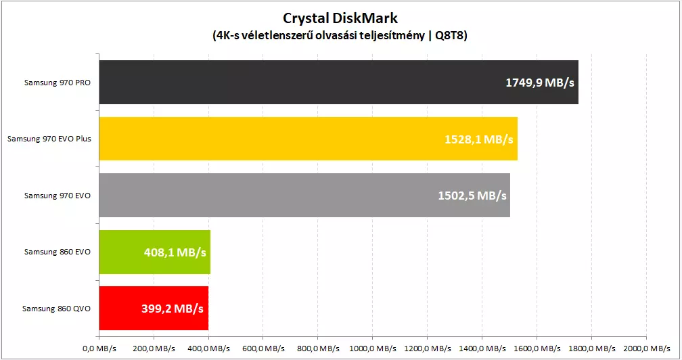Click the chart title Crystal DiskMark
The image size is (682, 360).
point(340,18)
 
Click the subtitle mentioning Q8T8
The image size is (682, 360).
point(340,35)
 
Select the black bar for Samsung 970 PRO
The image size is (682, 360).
point(339,82)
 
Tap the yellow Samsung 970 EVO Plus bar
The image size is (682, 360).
point(309,139)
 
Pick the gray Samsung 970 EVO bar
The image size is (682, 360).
point(304,195)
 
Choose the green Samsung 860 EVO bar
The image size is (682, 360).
point(155,252)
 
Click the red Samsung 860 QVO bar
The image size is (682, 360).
point(154,309)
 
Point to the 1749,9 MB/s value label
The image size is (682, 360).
point(540,83)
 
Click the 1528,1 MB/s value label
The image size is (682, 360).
point(479,139)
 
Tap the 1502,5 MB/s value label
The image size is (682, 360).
point(472,196)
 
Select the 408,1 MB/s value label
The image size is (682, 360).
point(175,252)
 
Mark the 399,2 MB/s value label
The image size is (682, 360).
point(173,309)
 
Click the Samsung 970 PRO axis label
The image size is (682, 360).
point(58,83)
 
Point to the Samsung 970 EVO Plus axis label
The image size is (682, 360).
point(49,139)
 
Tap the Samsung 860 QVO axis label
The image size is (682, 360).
point(57,309)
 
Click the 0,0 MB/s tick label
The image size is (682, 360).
point(99,348)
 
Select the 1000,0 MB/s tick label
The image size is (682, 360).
point(373,348)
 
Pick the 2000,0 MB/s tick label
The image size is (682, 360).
point(647,348)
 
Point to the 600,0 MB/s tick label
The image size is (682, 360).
point(263,348)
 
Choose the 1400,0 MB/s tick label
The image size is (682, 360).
point(482,348)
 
